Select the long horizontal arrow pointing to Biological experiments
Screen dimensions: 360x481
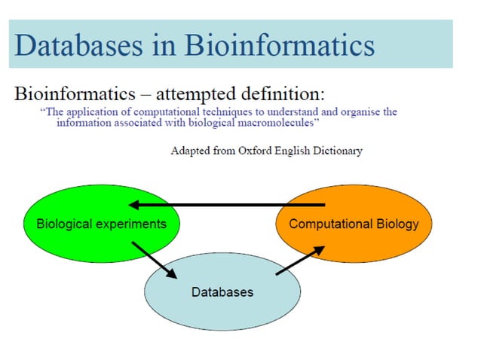(x=226, y=204)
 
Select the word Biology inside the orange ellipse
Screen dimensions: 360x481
(x=397, y=224)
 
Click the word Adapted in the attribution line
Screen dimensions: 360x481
(x=191, y=151)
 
